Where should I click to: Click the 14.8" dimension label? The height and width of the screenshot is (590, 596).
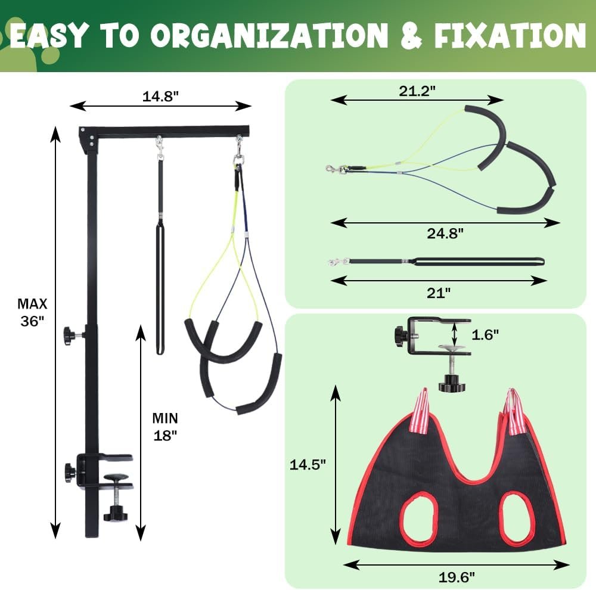coord(160,97)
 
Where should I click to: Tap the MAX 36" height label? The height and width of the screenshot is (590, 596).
coord(32,312)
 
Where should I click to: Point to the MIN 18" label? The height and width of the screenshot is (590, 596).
coord(165,427)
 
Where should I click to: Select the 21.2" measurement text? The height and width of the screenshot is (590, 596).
coord(417,91)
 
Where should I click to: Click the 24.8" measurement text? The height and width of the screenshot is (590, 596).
coord(445,233)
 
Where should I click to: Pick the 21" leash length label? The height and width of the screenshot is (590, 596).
coord(438,293)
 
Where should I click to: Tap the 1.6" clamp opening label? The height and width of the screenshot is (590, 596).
coord(485,334)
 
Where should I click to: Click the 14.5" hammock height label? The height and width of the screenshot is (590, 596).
coord(308,464)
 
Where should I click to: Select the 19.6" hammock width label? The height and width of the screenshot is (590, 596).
coord(457,577)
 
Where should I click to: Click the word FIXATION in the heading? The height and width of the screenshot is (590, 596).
coord(510,35)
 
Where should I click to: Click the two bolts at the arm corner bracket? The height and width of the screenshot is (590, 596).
coord(92,141)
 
